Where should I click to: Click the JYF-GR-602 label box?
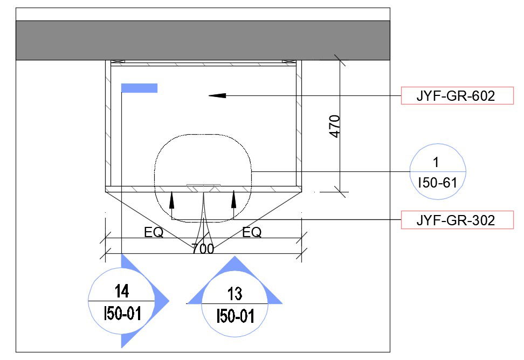(457, 96)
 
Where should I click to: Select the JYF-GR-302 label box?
(457, 220)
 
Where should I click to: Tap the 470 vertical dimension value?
(335, 126)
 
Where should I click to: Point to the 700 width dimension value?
(203, 248)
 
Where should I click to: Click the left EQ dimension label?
(154, 232)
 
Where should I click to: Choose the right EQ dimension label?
(252, 232)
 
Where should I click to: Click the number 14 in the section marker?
(122, 291)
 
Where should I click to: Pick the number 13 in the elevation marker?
(235, 294)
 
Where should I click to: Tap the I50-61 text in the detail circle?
(437, 183)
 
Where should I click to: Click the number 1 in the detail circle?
(436, 162)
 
